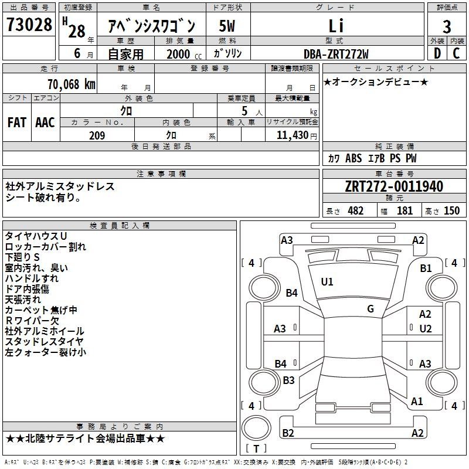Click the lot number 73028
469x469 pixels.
point(29,24)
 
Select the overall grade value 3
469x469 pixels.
point(447,26)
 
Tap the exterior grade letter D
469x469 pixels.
point(437,53)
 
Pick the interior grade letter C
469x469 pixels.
point(456,53)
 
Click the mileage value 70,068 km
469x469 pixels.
point(72,84)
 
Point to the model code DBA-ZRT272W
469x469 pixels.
point(336,54)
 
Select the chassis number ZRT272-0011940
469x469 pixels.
point(394,186)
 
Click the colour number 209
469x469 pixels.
point(97,135)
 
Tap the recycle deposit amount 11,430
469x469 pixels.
point(293,135)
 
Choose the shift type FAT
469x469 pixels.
point(17,123)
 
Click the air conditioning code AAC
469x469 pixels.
point(45,123)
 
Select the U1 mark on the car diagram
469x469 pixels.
point(327,282)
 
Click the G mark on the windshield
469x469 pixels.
point(371,309)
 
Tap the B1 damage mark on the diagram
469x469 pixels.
point(426,269)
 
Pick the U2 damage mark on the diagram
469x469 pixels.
point(426,329)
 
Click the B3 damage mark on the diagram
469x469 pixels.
point(288,380)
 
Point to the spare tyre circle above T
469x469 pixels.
point(256,428)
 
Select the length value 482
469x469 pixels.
point(356,211)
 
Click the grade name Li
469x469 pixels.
point(336,26)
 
